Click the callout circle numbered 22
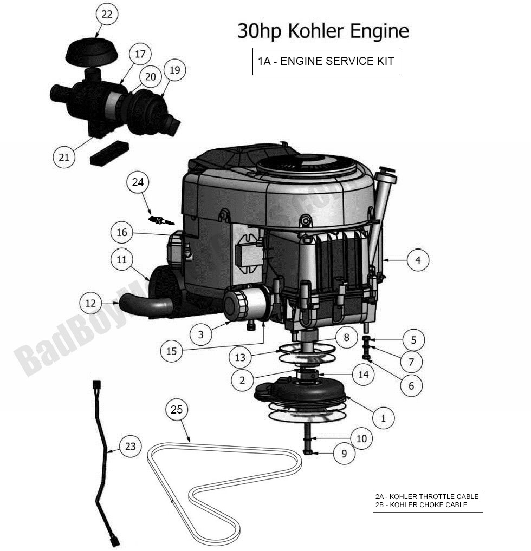pyautogui.click(x=107, y=15)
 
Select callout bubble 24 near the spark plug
pyautogui.click(x=138, y=182)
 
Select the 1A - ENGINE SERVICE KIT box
pyautogui.click(x=326, y=61)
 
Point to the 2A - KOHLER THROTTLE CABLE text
pyautogui.click(x=427, y=496)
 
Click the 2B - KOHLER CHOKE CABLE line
pyautogui.click(x=420, y=505)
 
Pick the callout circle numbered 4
pyautogui.click(x=417, y=260)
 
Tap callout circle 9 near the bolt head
pyautogui.click(x=344, y=454)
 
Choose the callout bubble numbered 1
pyautogui.click(x=384, y=418)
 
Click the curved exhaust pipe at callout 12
pyautogui.click(x=146, y=305)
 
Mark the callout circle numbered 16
pyautogui.click(x=122, y=233)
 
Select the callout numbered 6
pyautogui.click(x=411, y=385)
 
